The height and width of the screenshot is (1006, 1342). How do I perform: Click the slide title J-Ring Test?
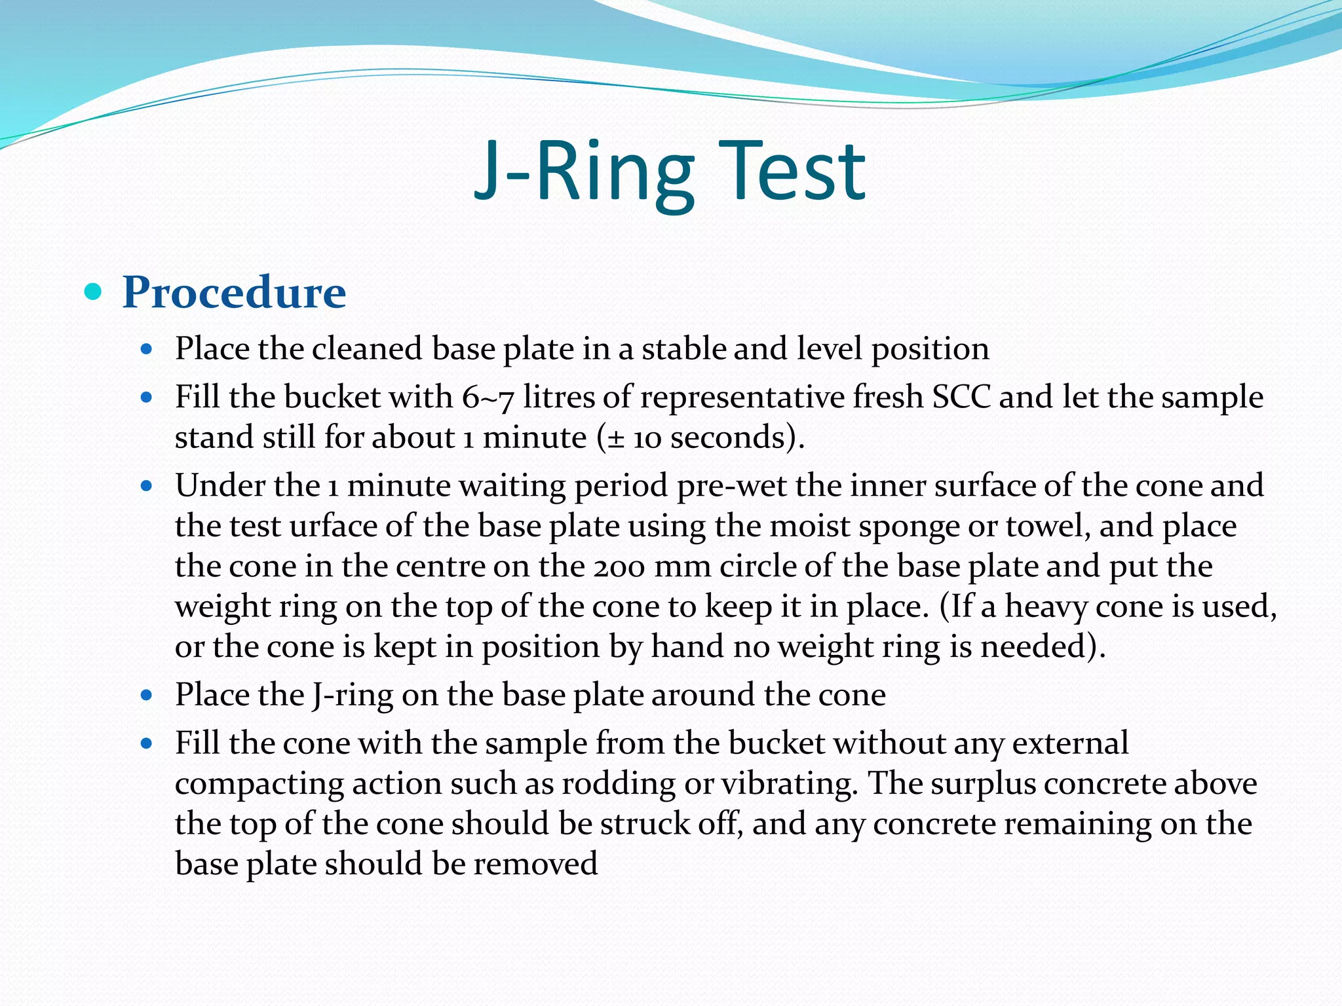[x=670, y=172]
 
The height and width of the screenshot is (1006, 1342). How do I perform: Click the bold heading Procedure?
[x=234, y=292]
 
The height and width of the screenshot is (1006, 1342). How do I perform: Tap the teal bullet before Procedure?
[x=94, y=291]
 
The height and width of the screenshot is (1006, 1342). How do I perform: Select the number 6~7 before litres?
[x=488, y=398]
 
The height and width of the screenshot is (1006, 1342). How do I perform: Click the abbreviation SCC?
[x=961, y=397]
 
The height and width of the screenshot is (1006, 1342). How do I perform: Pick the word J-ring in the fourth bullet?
[x=353, y=695]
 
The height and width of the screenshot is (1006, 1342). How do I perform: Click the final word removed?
[x=535, y=864]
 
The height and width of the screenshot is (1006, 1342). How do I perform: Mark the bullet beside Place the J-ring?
[x=147, y=695]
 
